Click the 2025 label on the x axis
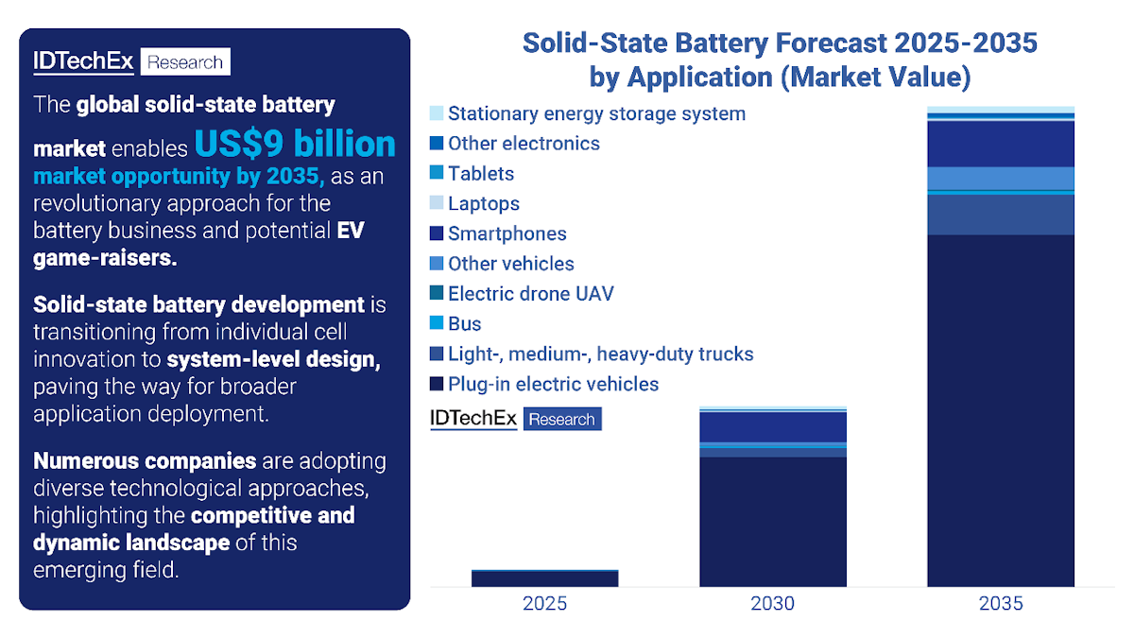point(544,603)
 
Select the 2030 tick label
point(772,603)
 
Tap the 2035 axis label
point(1001,603)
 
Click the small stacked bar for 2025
point(544,579)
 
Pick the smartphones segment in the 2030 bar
point(772,427)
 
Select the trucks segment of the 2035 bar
point(1001,215)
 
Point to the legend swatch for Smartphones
point(436,233)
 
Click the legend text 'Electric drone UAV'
point(530,294)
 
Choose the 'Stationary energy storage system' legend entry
point(596,113)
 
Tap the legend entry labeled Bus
point(464,324)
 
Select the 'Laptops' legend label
point(483,203)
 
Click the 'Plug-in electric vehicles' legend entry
point(553,384)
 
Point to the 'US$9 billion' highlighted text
point(296,145)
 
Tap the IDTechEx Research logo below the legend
point(515,419)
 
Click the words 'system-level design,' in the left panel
point(274,360)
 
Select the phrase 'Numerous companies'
point(145,461)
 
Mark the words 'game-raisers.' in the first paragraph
point(105,258)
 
